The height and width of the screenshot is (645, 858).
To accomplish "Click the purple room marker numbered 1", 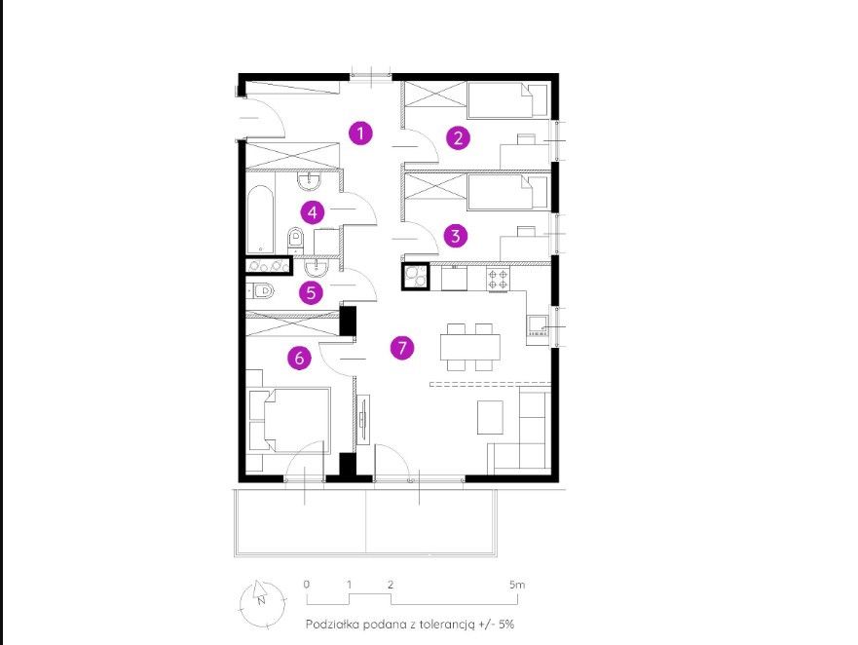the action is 360,133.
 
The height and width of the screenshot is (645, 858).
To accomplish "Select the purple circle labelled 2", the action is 458,137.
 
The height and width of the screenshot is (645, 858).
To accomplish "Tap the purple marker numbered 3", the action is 455,236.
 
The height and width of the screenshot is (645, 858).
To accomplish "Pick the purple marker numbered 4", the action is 312,212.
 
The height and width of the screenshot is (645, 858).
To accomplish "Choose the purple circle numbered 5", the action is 311,292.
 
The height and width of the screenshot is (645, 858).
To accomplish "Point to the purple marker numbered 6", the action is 299,358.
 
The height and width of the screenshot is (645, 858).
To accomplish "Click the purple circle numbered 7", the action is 402,347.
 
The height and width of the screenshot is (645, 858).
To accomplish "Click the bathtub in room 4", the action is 260,220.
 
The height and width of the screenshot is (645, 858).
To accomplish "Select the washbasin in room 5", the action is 317,268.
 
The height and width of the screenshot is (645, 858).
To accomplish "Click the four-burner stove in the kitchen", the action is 498,280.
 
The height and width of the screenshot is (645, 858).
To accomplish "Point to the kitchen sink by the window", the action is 538,325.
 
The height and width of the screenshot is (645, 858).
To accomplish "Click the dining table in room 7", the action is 470,347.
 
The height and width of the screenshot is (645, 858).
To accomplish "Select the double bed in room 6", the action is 289,421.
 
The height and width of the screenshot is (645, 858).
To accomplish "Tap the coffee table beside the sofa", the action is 490,417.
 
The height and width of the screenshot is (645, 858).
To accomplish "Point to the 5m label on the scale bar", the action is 517,585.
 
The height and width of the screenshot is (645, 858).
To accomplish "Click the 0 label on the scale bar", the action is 307,585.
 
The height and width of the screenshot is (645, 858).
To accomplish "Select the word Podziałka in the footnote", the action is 331,625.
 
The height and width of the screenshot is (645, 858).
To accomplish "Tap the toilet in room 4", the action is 295,238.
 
